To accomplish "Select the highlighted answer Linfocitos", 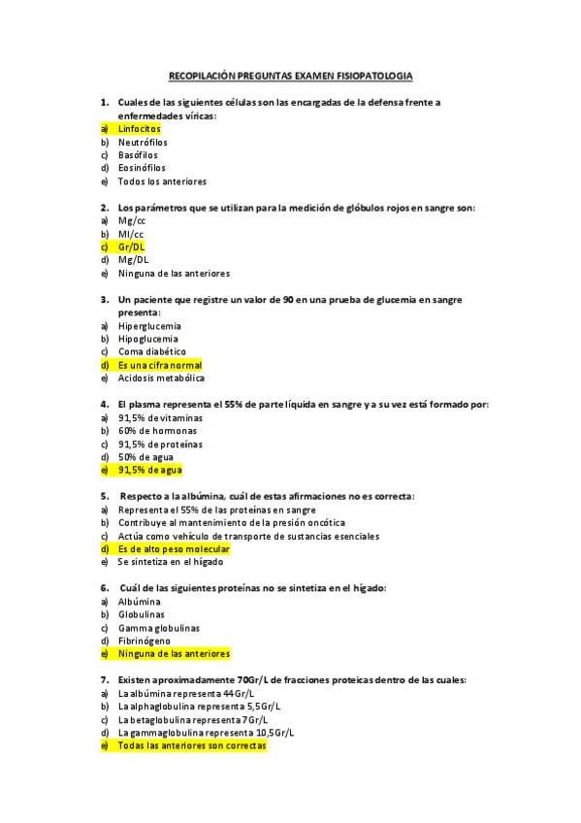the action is [139, 128].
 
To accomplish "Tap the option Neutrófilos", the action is [143, 142].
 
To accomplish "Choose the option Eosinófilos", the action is [142, 168].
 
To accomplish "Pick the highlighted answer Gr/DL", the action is [131, 247].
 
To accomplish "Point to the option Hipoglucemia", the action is [148, 339].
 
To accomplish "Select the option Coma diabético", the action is [151, 351].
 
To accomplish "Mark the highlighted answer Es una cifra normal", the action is [159, 365].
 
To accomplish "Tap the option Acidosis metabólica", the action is [160, 379].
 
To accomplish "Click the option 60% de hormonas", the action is [156, 430].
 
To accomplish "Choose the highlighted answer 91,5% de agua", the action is [149, 470].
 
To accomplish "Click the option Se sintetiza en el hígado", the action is [170, 562].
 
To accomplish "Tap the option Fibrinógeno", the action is [144, 641].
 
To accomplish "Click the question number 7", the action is [104, 679].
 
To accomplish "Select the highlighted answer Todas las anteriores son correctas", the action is [191, 745].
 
